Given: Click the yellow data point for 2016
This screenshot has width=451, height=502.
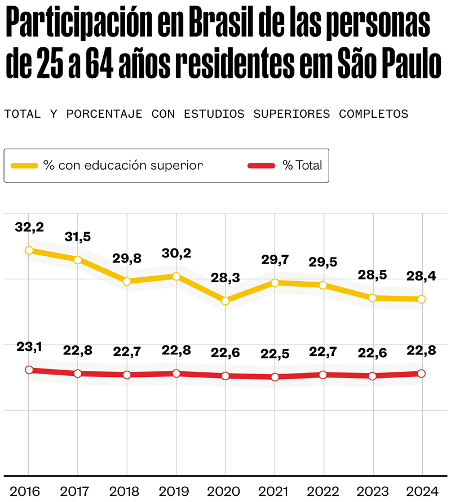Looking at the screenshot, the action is coord(29,250).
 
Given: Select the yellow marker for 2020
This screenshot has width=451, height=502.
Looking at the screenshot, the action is coord(225,301).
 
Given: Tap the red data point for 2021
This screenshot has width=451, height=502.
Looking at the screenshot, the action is coord(275,377).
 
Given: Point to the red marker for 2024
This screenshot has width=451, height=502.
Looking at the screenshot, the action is coord(422,374).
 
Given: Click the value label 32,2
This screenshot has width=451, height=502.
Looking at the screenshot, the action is coord(29,227).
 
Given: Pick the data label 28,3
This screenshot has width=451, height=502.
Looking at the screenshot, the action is coord(225,278).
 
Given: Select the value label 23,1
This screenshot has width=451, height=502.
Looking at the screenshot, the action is coord(29,346).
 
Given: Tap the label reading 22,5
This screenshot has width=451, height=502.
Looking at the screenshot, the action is coord(275,354).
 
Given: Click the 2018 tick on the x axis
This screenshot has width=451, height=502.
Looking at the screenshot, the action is coord(124,491).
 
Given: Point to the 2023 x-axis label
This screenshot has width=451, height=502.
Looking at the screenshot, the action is coord(373,491).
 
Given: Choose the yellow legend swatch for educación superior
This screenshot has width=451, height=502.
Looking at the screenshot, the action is coord(24,166).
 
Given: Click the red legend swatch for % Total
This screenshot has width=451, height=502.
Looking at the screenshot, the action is coord(262,166).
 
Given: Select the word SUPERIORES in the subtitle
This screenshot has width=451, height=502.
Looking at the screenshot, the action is coord(291,114).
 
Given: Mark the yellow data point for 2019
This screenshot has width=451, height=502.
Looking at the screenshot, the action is coord(176,276).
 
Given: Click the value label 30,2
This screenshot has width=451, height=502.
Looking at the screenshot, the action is coord(176,253).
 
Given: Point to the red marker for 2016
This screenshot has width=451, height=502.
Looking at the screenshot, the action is coord(29,370).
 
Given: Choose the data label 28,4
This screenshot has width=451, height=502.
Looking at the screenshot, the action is coord(421,276).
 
